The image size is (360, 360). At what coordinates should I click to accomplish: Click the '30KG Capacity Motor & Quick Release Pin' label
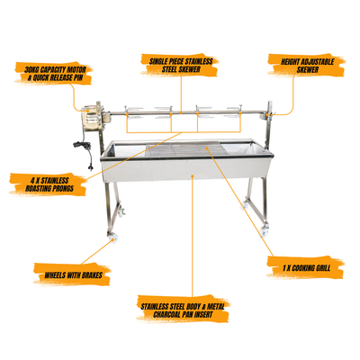55,74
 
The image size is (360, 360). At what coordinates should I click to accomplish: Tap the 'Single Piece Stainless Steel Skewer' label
181,66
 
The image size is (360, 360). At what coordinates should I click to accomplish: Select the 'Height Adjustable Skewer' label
308,66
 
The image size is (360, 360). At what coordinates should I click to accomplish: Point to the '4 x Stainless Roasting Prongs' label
49,184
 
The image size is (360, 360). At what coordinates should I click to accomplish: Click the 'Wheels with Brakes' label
74,274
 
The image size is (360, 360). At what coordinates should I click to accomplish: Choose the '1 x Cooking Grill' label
306,268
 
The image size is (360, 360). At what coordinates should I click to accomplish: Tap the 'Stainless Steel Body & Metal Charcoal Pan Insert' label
183,310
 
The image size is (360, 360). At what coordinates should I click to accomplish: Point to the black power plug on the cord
90,166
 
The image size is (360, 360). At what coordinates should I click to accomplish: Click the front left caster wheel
113,237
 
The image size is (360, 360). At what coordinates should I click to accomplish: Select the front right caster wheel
265,231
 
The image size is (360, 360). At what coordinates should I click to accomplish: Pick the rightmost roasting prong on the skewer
235,112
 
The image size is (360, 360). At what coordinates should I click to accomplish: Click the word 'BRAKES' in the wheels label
90,274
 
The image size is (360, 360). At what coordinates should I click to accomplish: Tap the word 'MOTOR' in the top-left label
76,69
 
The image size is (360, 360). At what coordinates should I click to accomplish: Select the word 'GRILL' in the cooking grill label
321,268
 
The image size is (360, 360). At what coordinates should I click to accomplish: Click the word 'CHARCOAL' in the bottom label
169,315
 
